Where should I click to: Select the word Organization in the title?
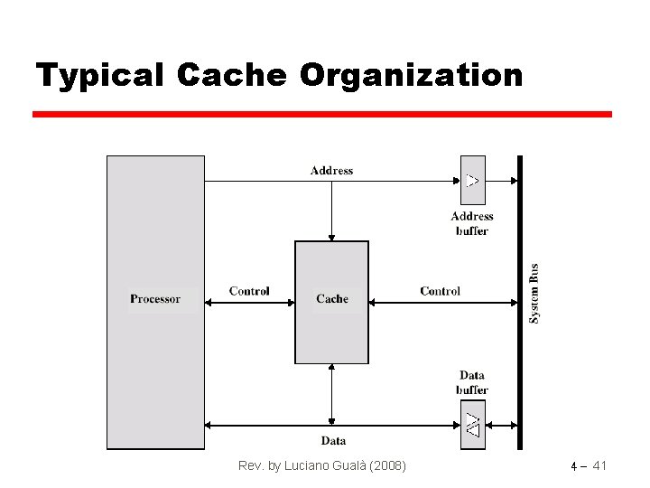[x=411, y=75]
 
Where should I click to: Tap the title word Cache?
[x=232, y=75]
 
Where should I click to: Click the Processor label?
[x=155, y=299]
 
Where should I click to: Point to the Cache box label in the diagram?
[x=332, y=299]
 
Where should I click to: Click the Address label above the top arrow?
[x=331, y=170]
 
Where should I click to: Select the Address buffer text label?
[x=472, y=223]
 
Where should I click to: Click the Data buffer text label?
[x=472, y=382]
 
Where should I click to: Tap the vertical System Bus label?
[x=534, y=294]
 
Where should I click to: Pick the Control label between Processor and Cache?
[x=249, y=291]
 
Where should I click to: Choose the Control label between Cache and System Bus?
[x=440, y=291]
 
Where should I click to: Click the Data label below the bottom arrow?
[x=333, y=441]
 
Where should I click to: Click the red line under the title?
[x=322, y=115]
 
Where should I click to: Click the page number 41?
[x=598, y=465]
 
